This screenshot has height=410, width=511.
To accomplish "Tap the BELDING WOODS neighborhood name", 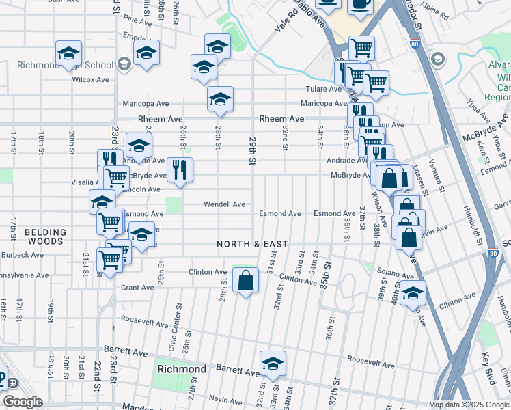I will click(45, 236).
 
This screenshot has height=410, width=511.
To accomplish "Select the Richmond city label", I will click(182, 369).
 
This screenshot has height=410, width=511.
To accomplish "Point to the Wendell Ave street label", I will click(224, 204).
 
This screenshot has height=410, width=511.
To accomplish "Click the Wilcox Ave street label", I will click(91, 79).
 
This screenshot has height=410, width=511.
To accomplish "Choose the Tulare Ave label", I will click(323, 89).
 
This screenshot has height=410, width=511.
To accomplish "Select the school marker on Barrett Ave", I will click(273, 364).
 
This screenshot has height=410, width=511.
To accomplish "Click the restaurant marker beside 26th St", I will click(180, 170).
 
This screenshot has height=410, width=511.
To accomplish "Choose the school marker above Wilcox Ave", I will click(69, 54).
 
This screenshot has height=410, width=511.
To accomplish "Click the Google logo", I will click(23, 402).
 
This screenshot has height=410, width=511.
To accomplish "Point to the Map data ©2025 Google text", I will click(469, 405).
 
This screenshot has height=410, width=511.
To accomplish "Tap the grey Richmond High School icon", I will click(124, 65).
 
